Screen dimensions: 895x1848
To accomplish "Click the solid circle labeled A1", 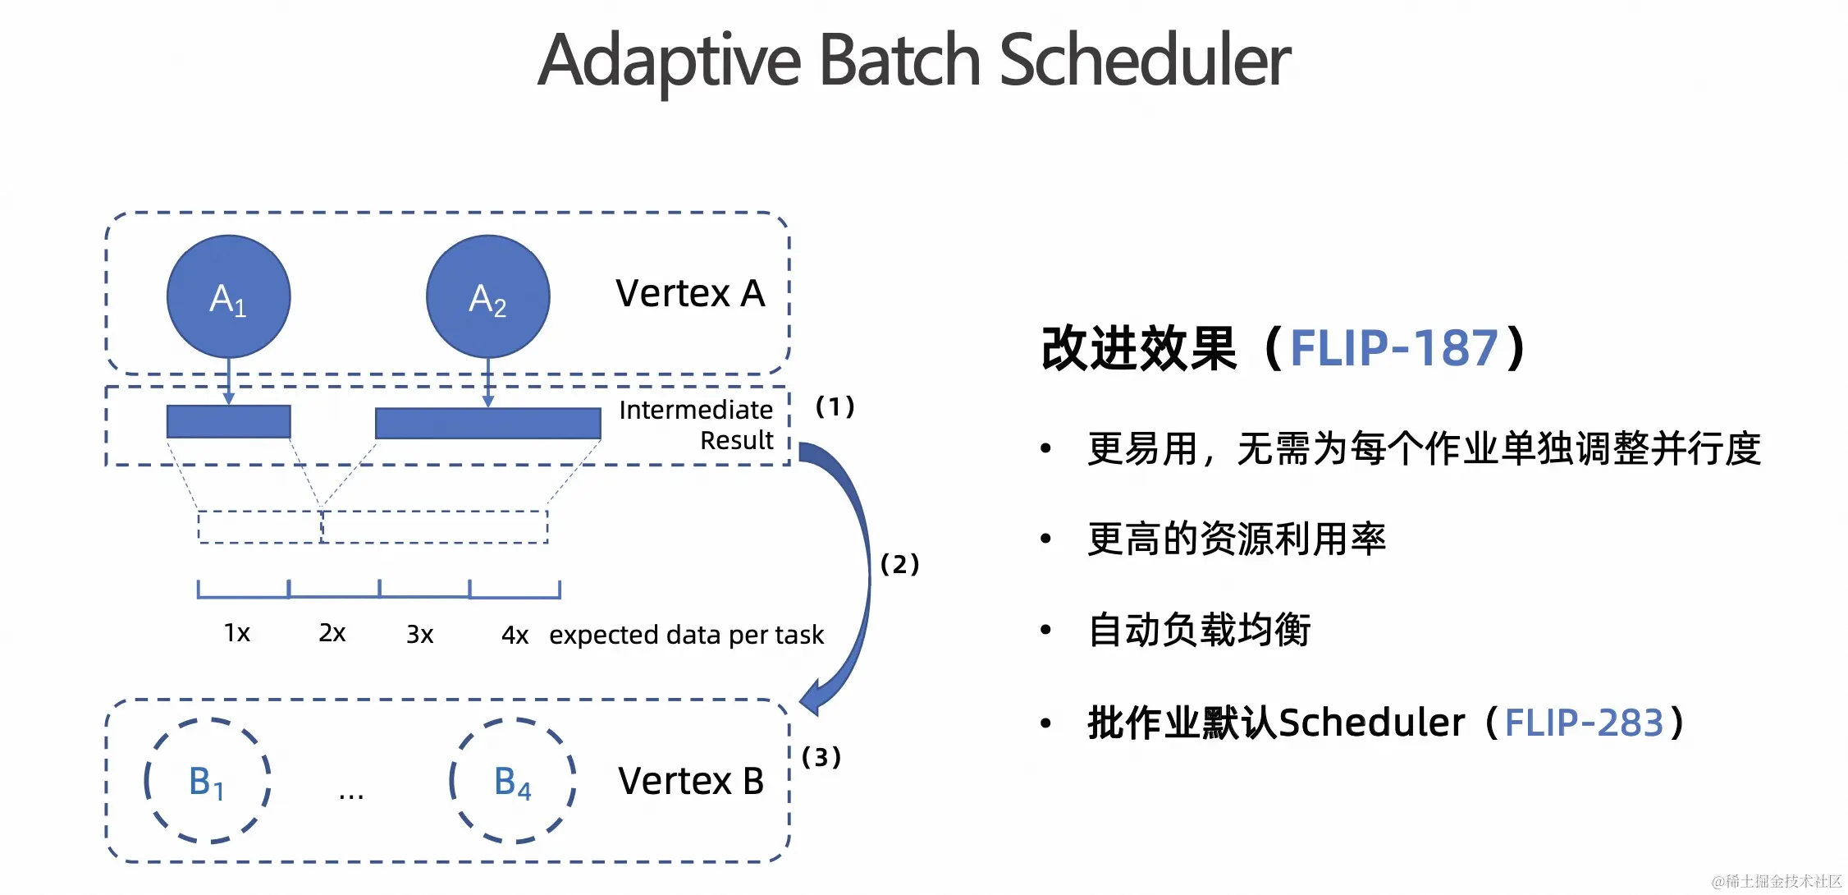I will point(228,297).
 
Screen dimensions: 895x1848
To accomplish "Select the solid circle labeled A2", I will point(487,297).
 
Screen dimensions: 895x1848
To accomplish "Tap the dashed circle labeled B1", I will point(208,781).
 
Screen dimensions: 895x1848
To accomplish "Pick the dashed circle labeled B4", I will point(513,781).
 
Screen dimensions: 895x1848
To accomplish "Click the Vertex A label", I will point(690,293).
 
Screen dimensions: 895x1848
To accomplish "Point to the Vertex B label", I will point(691,781).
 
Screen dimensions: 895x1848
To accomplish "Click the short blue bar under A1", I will point(228,421).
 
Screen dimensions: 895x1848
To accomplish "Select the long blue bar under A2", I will point(487,423).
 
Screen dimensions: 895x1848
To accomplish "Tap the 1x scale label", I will point(237,633).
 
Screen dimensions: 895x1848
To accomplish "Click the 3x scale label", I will point(419,634).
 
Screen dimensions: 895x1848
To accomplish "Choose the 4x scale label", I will point(515,635).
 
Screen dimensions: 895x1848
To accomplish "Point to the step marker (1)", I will point(835,406).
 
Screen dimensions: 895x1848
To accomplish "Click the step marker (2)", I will point(899,564).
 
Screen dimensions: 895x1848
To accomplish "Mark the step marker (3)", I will point(821,757).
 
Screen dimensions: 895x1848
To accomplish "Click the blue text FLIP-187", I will point(1394,348).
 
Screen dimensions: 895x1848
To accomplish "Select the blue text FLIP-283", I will point(1584,723).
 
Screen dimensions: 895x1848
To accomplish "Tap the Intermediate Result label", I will point(696,425).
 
